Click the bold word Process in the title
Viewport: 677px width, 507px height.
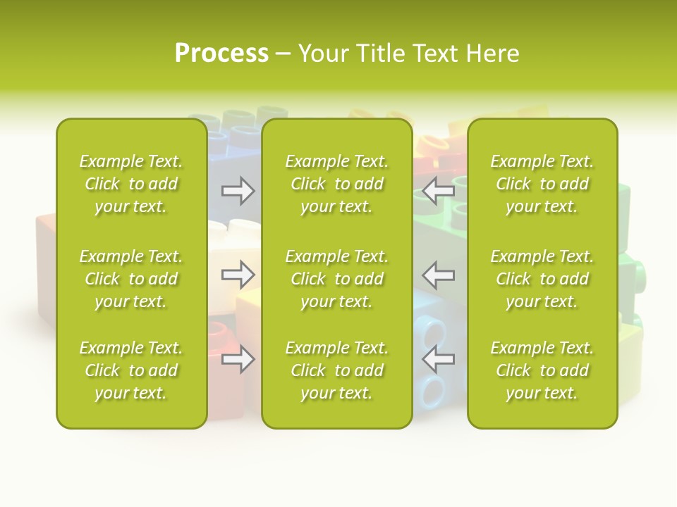coord(221,54)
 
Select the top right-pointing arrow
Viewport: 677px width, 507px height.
coord(238,191)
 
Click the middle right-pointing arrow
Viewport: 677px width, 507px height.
coord(238,275)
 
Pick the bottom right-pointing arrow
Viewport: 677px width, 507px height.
coord(238,359)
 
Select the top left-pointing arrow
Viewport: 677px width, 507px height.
coord(438,190)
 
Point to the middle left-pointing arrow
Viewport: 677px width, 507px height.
coord(438,275)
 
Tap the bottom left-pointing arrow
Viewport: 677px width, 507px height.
coord(438,359)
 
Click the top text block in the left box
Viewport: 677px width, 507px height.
coord(131,184)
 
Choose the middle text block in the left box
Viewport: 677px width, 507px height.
coord(131,279)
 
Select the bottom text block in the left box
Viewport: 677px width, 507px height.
coord(131,370)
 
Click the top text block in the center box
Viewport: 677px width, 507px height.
coord(336,184)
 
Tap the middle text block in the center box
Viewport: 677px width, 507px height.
coord(336,279)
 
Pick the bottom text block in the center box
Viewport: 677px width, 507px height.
coord(336,370)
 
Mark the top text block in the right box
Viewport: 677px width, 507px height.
coord(542,184)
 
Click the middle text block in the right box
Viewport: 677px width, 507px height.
coord(542,279)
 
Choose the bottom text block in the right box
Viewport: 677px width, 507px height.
coord(542,370)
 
